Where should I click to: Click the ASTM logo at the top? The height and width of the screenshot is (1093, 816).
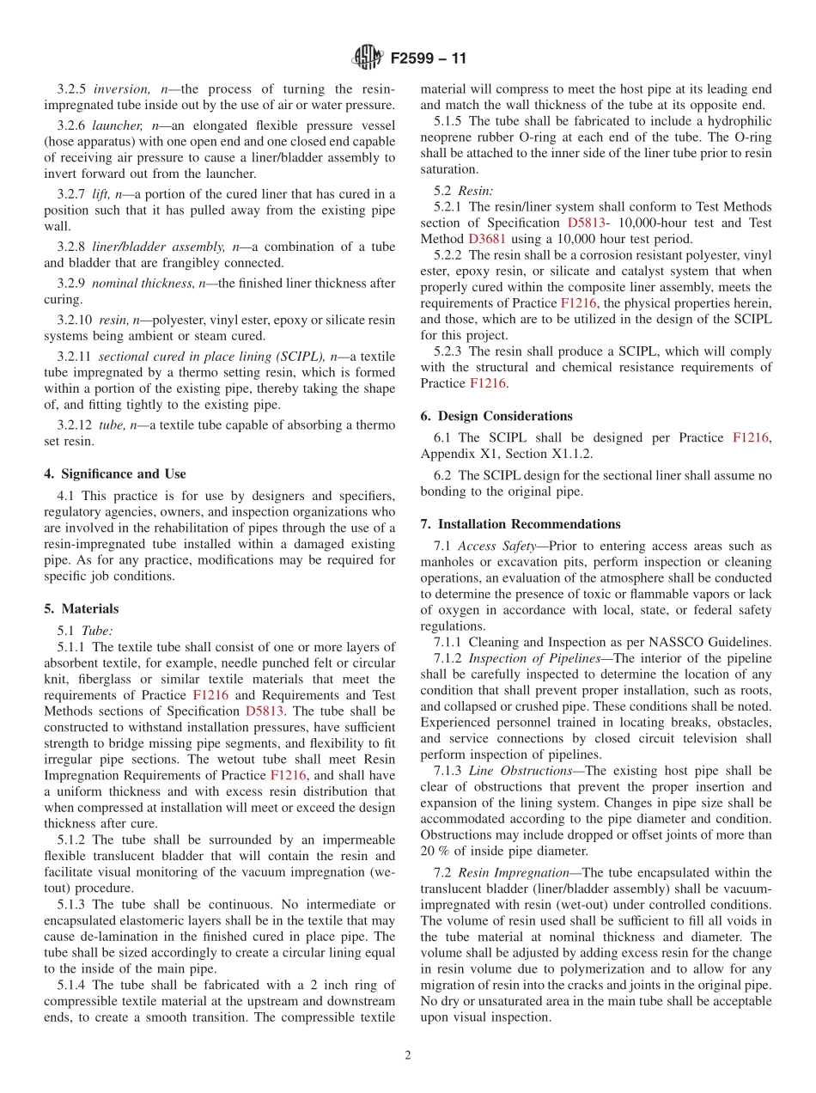[x=368, y=58]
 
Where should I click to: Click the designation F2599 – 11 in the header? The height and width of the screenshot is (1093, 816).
[x=429, y=59]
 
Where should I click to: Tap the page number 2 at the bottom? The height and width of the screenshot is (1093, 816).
[x=408, y=1056]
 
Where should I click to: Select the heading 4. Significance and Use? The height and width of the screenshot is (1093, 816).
[x=115, y=473]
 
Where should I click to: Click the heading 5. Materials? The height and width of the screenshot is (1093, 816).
[x=82, y=608]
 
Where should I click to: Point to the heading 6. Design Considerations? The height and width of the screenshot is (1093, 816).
[x=496, y=416]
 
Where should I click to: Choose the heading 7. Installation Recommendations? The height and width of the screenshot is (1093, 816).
[x=521, y=524]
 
